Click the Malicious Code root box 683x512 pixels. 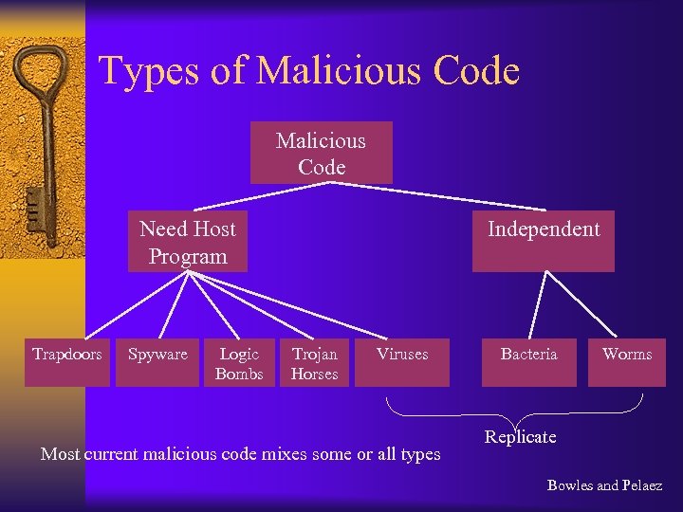click(x=321, y=153)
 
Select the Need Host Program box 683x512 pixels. click(x=188, y=242)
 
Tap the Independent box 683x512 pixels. click(x=544, y=241)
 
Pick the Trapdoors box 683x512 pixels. click(x=67, y=361)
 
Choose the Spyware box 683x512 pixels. click(x=157, y=361)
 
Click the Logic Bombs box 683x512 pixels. click(x=239, y=363)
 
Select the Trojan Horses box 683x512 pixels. click(x=314, y=363)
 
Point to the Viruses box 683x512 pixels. click(x=401, y=361)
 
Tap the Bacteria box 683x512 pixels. click(x=528, y=361)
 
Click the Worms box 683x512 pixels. click(x=627, y=361)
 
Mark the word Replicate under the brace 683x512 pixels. click(x=520, y=437)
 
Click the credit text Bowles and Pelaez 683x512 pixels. click(x=604, y=485)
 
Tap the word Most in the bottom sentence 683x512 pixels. click(x=60, y=454)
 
